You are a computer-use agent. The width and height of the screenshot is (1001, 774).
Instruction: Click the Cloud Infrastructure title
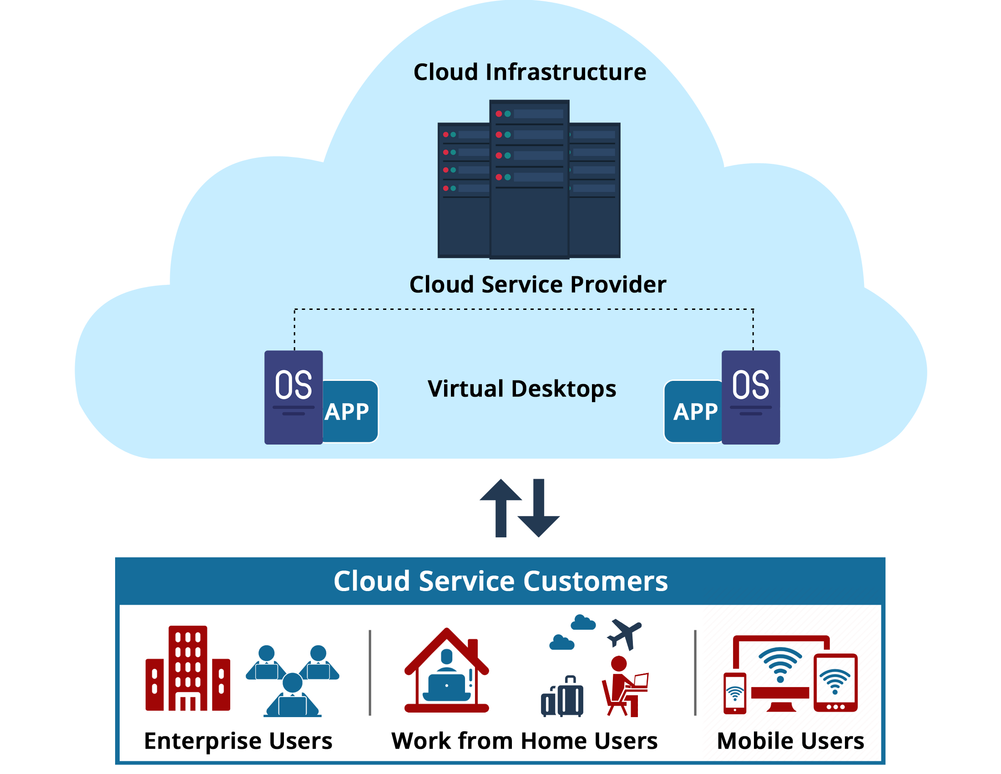point(529,72)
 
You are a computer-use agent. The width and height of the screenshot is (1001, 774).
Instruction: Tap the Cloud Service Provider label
point(537,284)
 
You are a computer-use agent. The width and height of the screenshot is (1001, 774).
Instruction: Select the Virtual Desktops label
point(521,389)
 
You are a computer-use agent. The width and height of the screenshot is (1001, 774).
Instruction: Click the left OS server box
point(293,397)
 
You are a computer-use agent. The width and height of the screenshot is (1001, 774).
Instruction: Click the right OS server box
point(750,397)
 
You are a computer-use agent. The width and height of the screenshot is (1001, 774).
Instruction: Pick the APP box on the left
point(350,411)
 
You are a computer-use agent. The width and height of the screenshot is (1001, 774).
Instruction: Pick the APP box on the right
point(693,411)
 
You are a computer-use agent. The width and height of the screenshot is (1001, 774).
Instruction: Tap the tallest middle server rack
point(529,179)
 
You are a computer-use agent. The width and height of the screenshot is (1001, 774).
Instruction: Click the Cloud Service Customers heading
point(500,581)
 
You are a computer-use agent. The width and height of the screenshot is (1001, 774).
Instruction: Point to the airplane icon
point(624,633)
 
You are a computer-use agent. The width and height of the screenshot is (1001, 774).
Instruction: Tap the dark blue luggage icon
point(562,697)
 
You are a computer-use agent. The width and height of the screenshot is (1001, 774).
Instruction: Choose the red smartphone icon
point(734,693)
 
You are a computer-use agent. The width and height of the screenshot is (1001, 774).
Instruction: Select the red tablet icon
point(835,683)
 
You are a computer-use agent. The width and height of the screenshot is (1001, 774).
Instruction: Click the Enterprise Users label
point(238,740)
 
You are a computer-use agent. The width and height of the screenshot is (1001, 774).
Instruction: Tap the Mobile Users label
point(790,740)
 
